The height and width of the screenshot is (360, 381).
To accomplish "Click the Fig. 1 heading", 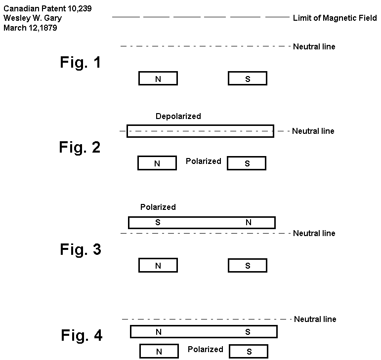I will pyautogui.click(x=81, y=63).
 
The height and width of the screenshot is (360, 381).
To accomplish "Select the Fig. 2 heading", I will pyautogui.click(x=80, y=147).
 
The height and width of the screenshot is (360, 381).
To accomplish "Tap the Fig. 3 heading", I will pyautogui.click(x=81, y=249).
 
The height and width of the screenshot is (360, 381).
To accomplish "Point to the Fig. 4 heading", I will pyautogui.click(x=82, y=336).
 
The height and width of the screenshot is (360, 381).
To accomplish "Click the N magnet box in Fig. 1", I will pyautogui.click(x=158, y=79).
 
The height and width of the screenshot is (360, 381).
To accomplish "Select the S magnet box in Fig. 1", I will pyautogui.click(x=248, y=79).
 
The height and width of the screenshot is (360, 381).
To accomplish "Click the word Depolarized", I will pyautogui.click(x=178, y=117).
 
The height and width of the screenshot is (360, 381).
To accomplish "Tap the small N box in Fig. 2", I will pyautogui.click(x=157, y=163).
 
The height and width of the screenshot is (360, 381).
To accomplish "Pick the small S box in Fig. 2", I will pyautogui.click(x=247, y=163).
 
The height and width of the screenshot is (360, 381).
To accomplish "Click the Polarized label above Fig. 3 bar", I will pyautogui.click(x=158, y=207).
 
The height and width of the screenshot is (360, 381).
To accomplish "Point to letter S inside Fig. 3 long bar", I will pyautogui.click(x=158, y=223).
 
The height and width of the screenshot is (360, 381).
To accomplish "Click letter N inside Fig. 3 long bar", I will pyautogui.click(x=248, y=223).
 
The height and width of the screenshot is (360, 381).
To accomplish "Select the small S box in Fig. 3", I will pyautogui.click(x=248, y=266).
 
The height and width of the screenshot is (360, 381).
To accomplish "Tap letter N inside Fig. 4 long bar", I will pyautogui.click(x=159, y=332).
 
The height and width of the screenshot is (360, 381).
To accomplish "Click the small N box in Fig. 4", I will pyautogui.click(x=159, y=352).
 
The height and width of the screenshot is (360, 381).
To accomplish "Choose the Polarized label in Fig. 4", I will pyautogui.click(x=205, y=350).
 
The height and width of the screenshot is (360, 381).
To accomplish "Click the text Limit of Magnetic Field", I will pyautogui.click(x=335, y=18).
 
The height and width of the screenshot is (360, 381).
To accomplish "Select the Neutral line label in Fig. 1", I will pyautogui.click(x=314, y=47).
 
